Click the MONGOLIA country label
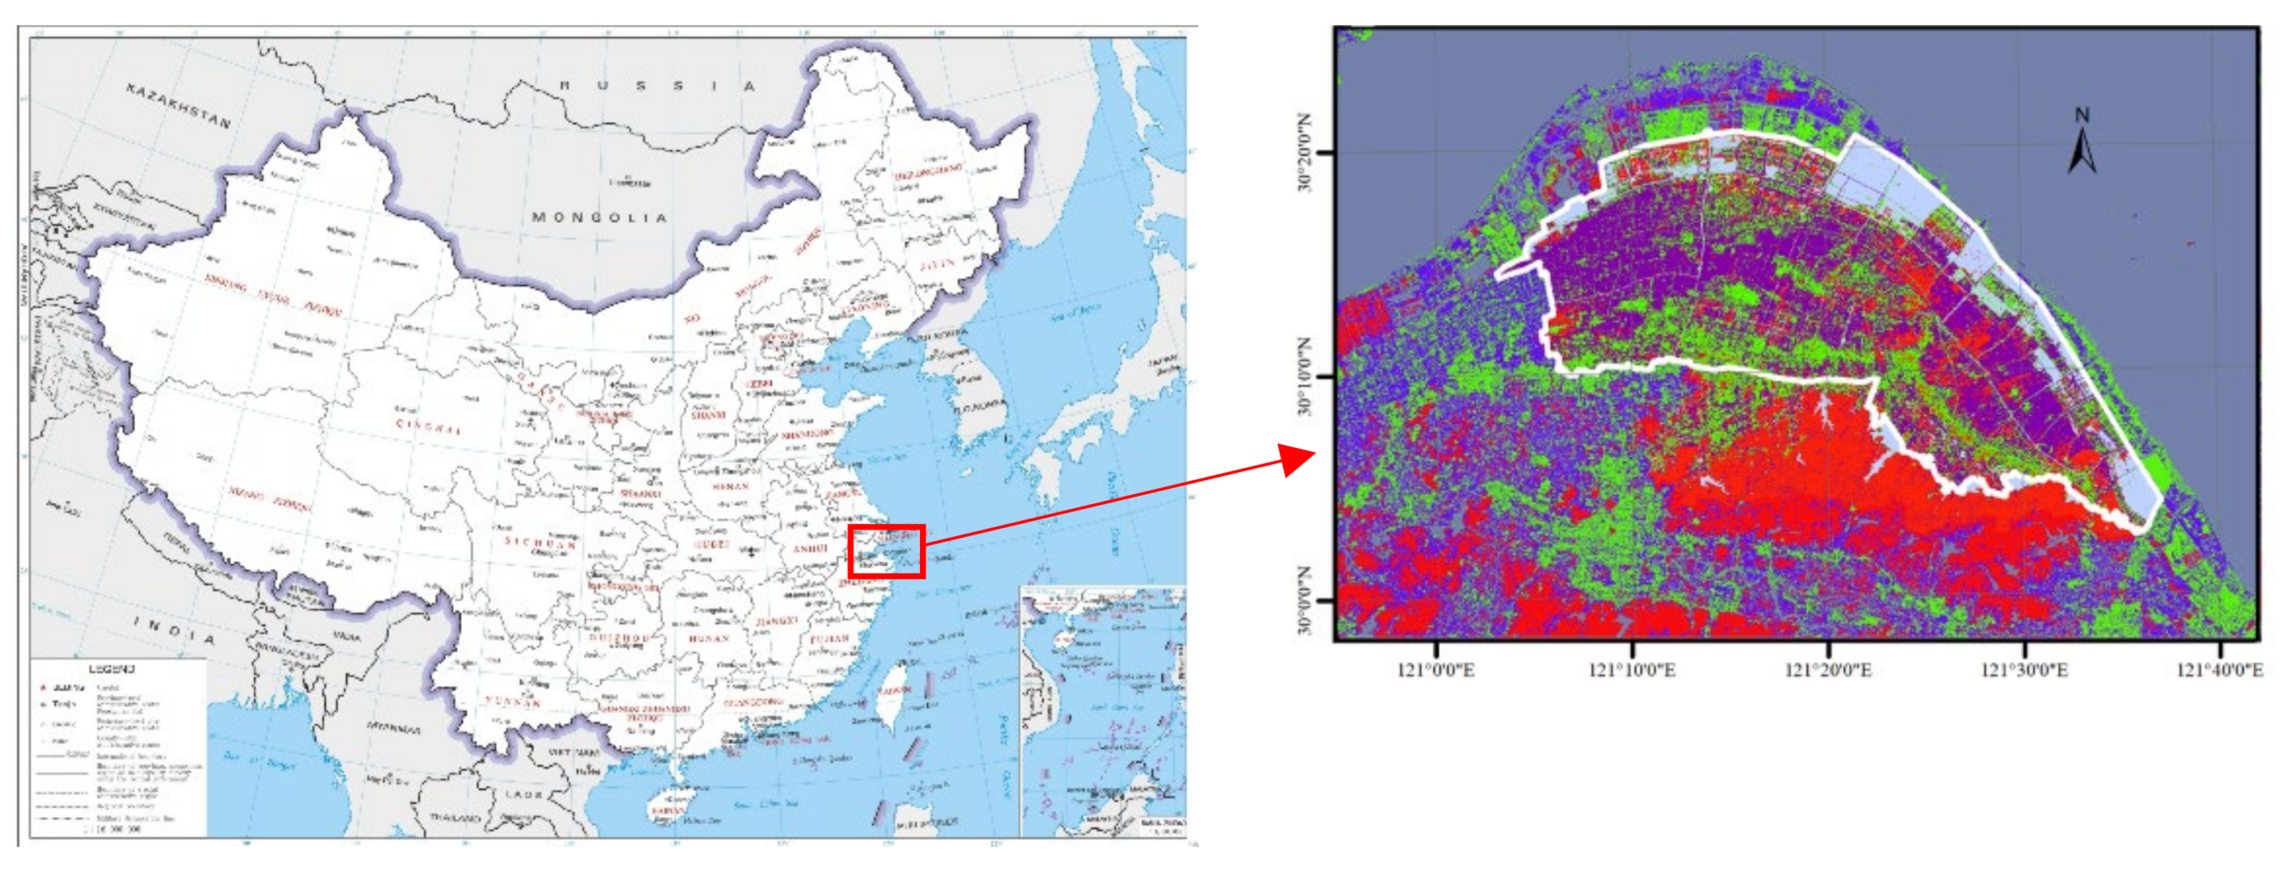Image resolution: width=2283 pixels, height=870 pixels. [599, 218]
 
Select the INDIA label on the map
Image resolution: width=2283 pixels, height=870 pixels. [174, 631]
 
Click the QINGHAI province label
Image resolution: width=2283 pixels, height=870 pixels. [428, 426]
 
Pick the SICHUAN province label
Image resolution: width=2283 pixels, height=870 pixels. [541, 542]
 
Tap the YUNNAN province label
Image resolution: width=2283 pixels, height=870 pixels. [512, 702]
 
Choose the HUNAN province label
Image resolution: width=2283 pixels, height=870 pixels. [708, 638]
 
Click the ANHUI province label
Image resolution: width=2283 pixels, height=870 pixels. [809, 549]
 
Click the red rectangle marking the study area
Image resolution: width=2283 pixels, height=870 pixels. [886, 551]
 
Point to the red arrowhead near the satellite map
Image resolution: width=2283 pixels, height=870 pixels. [1299, 459]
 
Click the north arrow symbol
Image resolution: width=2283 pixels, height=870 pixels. [2082, 153]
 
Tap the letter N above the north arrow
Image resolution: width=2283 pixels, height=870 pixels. [2082, 115]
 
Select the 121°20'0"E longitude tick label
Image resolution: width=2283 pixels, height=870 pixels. [1828, 670]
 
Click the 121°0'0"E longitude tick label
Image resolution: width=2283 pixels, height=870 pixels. [1435, 670]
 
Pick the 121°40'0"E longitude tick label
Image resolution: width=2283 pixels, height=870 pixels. [2219, 670]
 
